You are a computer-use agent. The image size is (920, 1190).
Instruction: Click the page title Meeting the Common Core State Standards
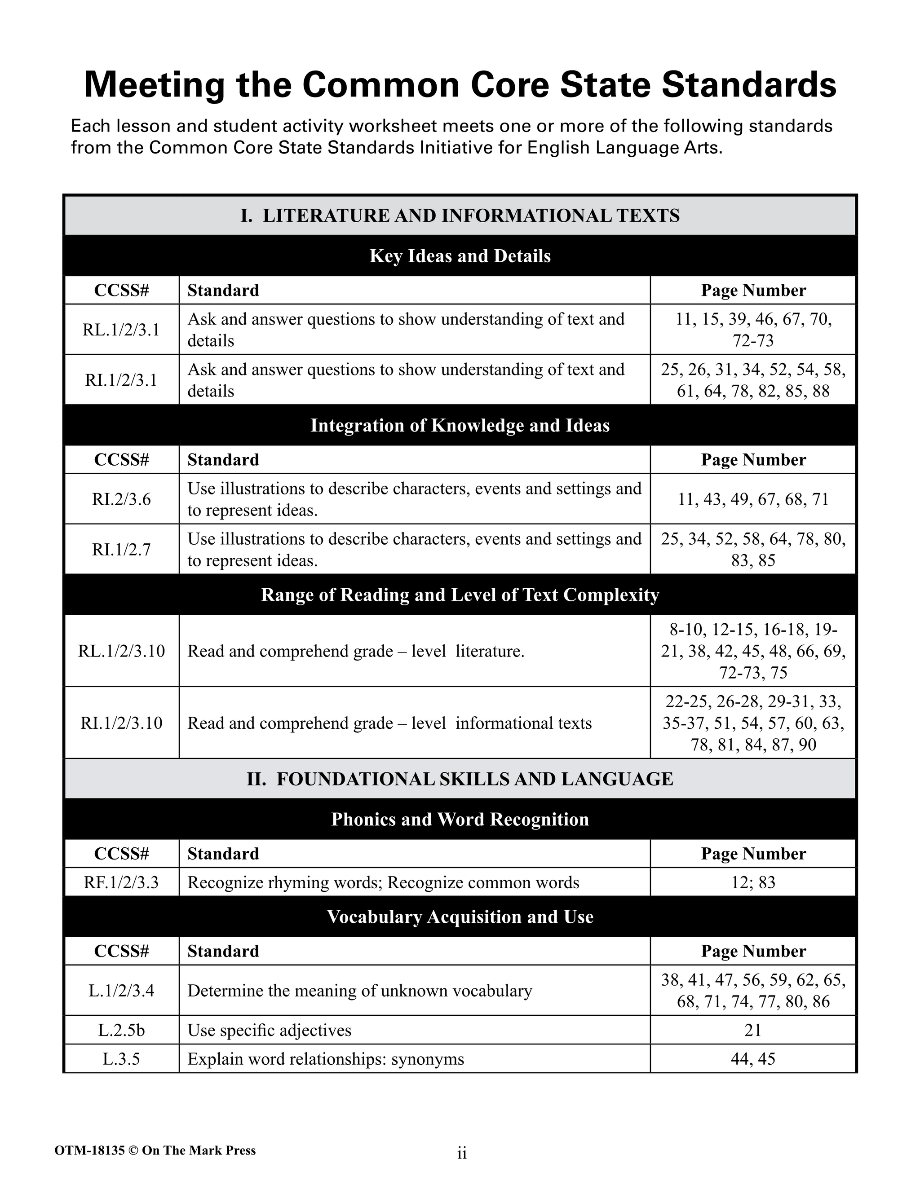coord(460,84)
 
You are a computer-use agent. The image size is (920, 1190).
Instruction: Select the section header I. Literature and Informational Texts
coord(460,216)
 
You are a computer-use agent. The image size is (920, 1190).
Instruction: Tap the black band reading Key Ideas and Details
coord(460,256)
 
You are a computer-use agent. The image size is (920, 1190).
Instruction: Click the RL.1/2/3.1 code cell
coord(121,330)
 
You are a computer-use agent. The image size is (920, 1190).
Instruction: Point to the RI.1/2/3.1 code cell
coord(121,380)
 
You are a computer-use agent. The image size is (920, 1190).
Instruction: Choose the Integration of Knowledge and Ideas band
coord(460,426)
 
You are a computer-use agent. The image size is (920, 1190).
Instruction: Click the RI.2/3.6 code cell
coord(121,499)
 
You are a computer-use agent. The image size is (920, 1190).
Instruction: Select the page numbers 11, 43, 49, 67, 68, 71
coord(753,499)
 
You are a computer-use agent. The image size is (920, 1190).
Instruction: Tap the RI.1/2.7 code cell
coord(121,549)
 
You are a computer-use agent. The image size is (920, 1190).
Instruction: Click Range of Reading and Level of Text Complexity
coord(460,595)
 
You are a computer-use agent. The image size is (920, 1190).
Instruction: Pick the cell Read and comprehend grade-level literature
coord(356,651)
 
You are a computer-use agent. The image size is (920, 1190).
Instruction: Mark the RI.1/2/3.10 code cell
coord(121,723)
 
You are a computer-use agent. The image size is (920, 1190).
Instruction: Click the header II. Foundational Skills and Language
coord(460,779)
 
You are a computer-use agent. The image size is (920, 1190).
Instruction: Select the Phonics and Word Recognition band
coord(460,820)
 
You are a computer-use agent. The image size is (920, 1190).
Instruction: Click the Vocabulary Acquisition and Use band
coord(460,917)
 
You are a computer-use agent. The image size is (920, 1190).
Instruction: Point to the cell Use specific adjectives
coord(269,1030)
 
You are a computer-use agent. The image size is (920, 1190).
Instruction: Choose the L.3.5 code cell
coord(121,1059)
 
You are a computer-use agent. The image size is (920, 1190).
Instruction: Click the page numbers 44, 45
coord(753,1059)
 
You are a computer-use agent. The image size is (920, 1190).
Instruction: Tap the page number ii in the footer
coord(462,1154)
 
